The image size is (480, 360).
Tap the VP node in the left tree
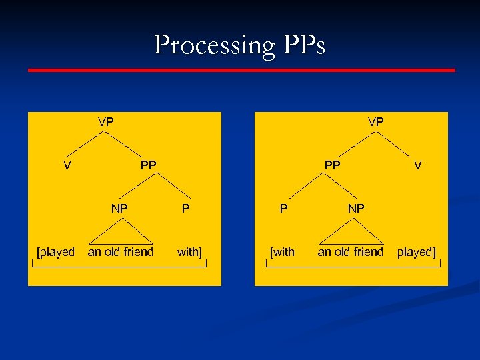pyautogui.click(x=106, y=122)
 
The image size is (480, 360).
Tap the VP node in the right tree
pyautogui.click(x=375, y=122)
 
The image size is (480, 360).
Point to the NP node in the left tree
pyautogui.click(x=119, y=209)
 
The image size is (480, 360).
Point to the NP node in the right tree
pyautogui.click(x=356, y=209)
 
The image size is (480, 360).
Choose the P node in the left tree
pyautogui.click(x=186, y=209)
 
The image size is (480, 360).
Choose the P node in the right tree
pyautogui.click(x=284, y=209)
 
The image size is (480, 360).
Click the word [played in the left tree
pyautogui.click(x=56, y=252)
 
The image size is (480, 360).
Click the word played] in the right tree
pyautogui.click(x=416, y=252)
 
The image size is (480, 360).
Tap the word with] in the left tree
pyautogui.click(x=189, y=252)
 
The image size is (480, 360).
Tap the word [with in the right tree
pyautogui.click(x=282, y=252)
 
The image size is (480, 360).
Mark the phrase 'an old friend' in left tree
pyautogui.click(x=121, y=252)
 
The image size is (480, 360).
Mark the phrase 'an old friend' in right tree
pyautogui.click(x=351, y=252)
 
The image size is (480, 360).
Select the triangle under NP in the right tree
pyautogui.click(x=352, y=235)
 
